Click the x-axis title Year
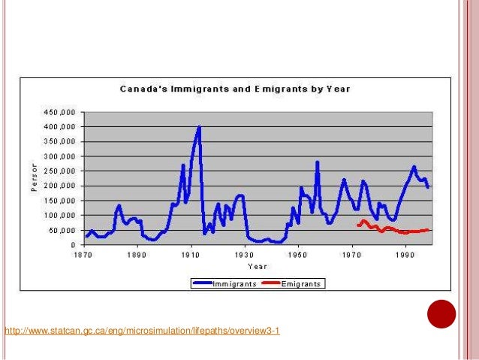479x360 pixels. (x=258, y=266)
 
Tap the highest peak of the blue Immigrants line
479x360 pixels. (x=199, y=127)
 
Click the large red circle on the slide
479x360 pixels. (x=441, y=315)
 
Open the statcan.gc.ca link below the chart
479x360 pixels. (x=143, y=331)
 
